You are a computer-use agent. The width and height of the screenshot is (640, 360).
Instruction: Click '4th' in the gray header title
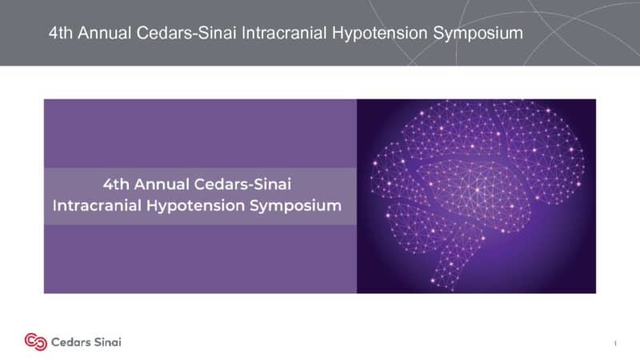pyautogui.click(x=61, y=33)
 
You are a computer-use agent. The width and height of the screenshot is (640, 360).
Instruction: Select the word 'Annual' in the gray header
pyautogui.click(x=105, y=33)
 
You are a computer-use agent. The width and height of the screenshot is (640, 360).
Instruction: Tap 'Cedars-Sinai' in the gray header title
pyautogui.click(x=186, y=33)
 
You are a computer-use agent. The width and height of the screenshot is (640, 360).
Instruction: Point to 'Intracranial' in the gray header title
pyautogui.click(x=284, y=33)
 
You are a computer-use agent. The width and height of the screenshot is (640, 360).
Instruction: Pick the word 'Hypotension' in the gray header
pyautogui.click(x=379, y=34)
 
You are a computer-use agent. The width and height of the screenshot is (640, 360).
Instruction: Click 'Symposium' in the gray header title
pyautogui.click(x=478, y=34)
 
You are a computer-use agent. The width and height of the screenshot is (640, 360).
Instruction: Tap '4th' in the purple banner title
pyautogui.click(x=116, y=184)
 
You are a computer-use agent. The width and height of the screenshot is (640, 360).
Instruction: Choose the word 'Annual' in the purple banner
pyautogui.click(x=162, y=184)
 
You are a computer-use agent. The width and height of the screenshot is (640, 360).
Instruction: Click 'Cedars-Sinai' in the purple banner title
pyautogui.click(x=242, y=184)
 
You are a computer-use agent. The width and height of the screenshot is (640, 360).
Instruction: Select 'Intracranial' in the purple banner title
pyautogui.click(x=97, y=206)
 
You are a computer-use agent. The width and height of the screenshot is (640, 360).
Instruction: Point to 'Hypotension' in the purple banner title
pyautogui.click(x=195, y=206)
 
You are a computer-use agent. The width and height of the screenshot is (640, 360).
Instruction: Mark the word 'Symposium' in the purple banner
pyautogui.click(x=296, y=206)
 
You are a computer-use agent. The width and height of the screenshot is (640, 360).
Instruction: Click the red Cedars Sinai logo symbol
pyautogui.click(x=36, y=342)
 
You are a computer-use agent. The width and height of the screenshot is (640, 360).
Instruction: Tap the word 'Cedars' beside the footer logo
pyautogui.click(x=69, y=342)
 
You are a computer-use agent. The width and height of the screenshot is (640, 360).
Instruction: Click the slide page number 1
pyautogui.click(x=615, y=343)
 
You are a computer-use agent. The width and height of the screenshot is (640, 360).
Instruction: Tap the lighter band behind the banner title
pyautogui.click(x=200, y=196)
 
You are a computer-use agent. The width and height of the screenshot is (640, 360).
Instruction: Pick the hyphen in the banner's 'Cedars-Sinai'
pyautogui.click(x=247, y=186)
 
